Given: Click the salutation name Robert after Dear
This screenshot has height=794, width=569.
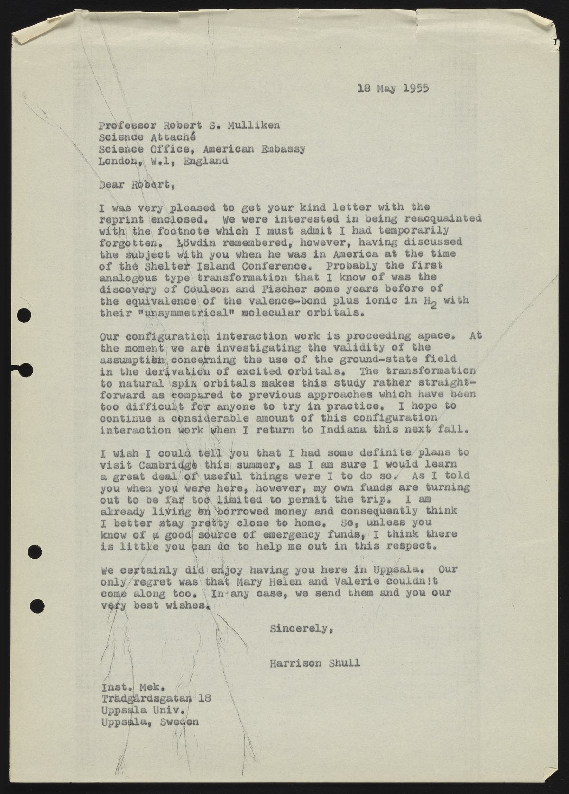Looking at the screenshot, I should point(149,186).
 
